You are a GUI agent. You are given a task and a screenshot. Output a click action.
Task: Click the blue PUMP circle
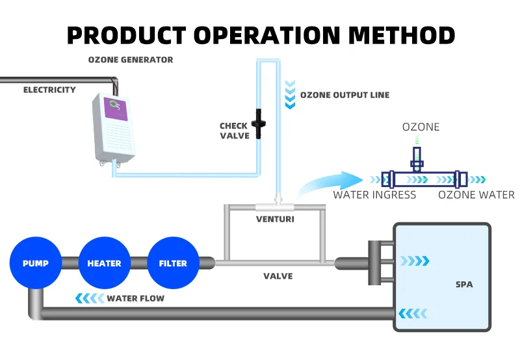tap(35, 263)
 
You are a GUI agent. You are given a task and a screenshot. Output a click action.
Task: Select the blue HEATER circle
tap(104, 263)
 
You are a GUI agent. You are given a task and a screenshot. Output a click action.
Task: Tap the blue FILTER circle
tap(173, 263)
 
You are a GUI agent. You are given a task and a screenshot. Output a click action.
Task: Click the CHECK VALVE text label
tap(233, 131)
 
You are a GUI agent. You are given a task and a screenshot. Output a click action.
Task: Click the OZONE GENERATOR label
tap(131, 60)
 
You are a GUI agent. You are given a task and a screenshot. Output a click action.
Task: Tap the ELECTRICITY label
tap(49, 90)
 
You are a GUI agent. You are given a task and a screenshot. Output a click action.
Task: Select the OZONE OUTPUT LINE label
tap(344, 95)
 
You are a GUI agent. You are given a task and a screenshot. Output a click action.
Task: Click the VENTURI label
tap(275, 219)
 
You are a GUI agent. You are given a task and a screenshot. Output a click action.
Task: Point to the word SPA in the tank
tap(464, 284)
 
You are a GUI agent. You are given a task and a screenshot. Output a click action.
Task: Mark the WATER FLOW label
tap(135, 298)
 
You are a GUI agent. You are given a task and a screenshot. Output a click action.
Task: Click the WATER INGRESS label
tap(374, 195)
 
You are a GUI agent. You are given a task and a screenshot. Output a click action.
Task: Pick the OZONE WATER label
tap(476, 195)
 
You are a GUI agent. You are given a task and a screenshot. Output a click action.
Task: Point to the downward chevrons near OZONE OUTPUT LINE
tap(289, 96)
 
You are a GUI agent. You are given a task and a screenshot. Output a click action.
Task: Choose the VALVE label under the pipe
tap(278, 276)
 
